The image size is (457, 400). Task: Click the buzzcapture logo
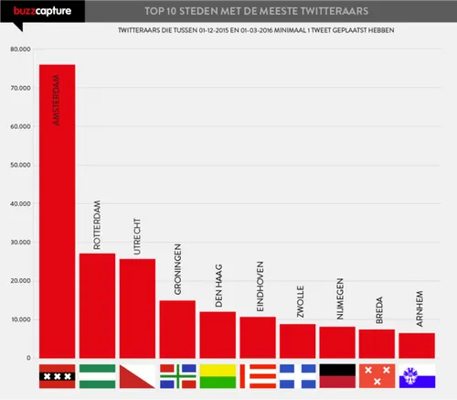(x=29, y=11)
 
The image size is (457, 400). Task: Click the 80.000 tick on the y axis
(x=19, y=49)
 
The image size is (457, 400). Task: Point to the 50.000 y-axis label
(x=19, y=166)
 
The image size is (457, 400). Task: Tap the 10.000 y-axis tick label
(x=19, y=320)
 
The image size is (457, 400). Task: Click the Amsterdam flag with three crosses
(x=57, y=375)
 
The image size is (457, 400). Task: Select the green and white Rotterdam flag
(x=97, y=375)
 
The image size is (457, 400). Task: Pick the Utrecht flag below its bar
(x=137, y=375)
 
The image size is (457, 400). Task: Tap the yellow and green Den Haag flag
(x=218, y=375)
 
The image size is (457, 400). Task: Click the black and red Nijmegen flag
(x=337, y=375)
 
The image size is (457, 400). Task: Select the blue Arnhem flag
(x=417, y=375)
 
